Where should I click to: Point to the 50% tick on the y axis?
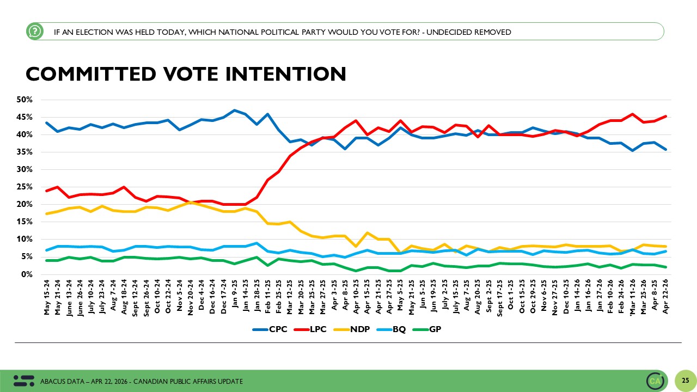[25, 100]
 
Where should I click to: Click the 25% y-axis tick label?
[25, 187]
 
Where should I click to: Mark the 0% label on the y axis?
[27, 274]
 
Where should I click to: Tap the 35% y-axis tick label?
[25, 152]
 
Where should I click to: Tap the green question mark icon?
[34, 32]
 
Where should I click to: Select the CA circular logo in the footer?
[655, 380]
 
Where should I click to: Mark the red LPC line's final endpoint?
[665, 116]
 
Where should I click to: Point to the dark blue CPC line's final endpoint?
[665, 149]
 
